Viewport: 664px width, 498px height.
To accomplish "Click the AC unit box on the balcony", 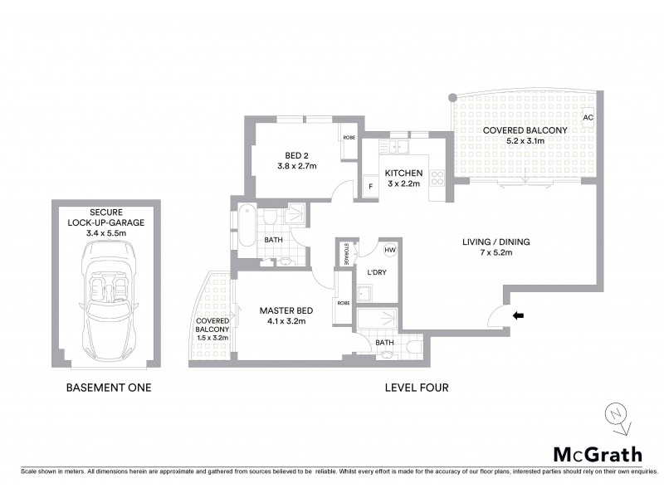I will (x=588, y=118).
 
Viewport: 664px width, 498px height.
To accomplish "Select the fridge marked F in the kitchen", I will (x=370, y=187).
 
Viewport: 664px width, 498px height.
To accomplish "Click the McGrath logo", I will (x=598, y=453).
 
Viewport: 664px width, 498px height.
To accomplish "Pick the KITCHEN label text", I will (x=403, y=173).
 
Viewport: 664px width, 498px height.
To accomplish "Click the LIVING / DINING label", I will (x=496, y=242).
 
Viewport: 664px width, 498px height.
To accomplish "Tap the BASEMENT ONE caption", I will (x=108, y=388).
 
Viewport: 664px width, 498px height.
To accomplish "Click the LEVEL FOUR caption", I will (x=417, y=388).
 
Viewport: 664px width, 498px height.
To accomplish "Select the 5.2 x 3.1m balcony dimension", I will (x=525, y=141).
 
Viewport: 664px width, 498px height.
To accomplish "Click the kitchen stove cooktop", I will (x=437, y=176).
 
